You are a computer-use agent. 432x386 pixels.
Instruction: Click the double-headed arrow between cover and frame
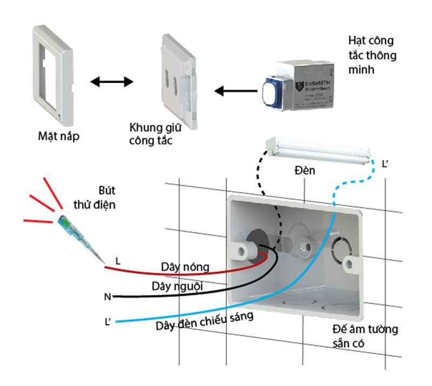pos(111,82)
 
